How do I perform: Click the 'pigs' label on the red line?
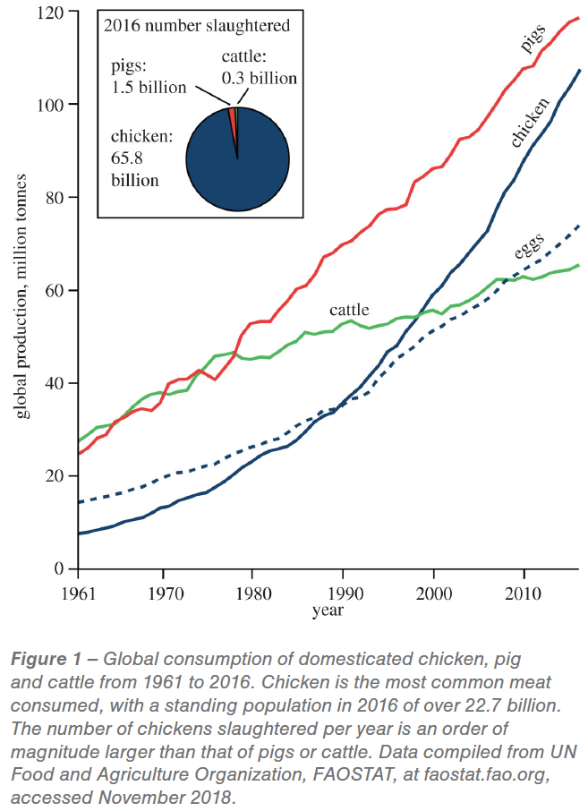coord(533,38)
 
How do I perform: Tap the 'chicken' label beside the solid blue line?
coord(530,123)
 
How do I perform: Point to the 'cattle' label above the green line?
coord(349,310)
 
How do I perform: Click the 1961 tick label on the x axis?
coord(79,593)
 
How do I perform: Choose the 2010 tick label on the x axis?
coord(524,593)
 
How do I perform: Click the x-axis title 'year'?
coord(328,610)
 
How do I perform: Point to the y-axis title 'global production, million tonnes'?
coord(21,296)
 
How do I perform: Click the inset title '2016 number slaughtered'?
coord(197,25)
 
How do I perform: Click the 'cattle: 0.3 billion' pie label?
coord(259,67)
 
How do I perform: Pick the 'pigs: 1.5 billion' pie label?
coord(149,77)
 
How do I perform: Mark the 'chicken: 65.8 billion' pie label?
coord(141,158)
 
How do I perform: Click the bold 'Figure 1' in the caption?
coord(46,659)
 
